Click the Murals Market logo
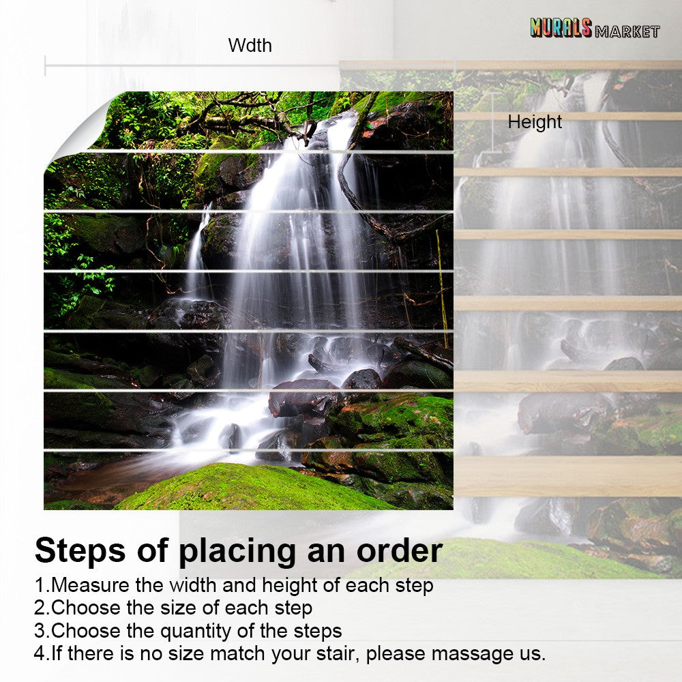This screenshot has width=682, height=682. tap(594, 28)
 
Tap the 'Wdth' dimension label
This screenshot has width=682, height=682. tap(250, 46)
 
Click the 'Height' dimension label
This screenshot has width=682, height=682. tap(535, 122)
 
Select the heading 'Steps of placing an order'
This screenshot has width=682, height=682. tap(238, 550)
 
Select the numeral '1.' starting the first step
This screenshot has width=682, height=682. tap(42, 585)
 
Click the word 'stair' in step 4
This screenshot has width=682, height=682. tap(334, 653)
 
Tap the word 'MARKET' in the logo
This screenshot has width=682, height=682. tap(627, 31)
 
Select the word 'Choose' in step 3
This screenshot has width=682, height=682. tap(85, 630)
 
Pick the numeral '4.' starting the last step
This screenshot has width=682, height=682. tap(42, 653)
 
